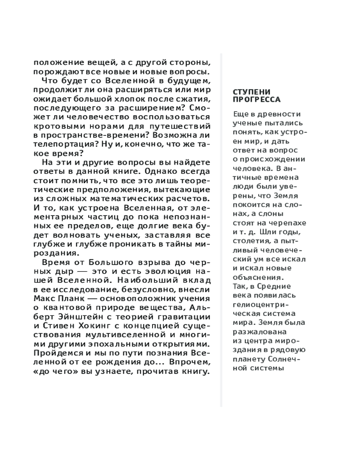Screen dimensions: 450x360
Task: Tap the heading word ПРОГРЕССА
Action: click(256, 100)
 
